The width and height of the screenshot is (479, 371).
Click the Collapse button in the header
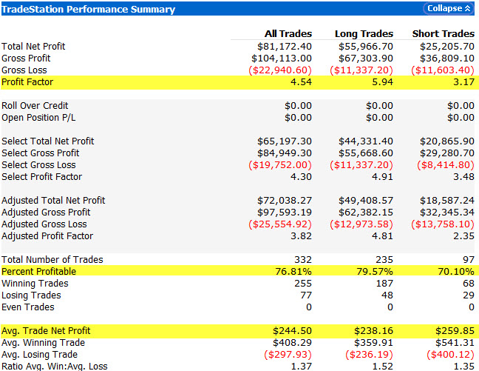447,9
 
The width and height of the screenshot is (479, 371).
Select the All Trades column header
288,34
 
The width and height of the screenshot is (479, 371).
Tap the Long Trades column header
364,34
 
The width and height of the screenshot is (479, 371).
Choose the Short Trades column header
444,34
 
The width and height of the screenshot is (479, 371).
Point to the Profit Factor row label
27,82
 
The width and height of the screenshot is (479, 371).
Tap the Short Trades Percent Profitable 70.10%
456,272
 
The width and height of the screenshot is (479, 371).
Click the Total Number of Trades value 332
302,260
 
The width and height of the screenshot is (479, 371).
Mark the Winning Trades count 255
302,284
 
